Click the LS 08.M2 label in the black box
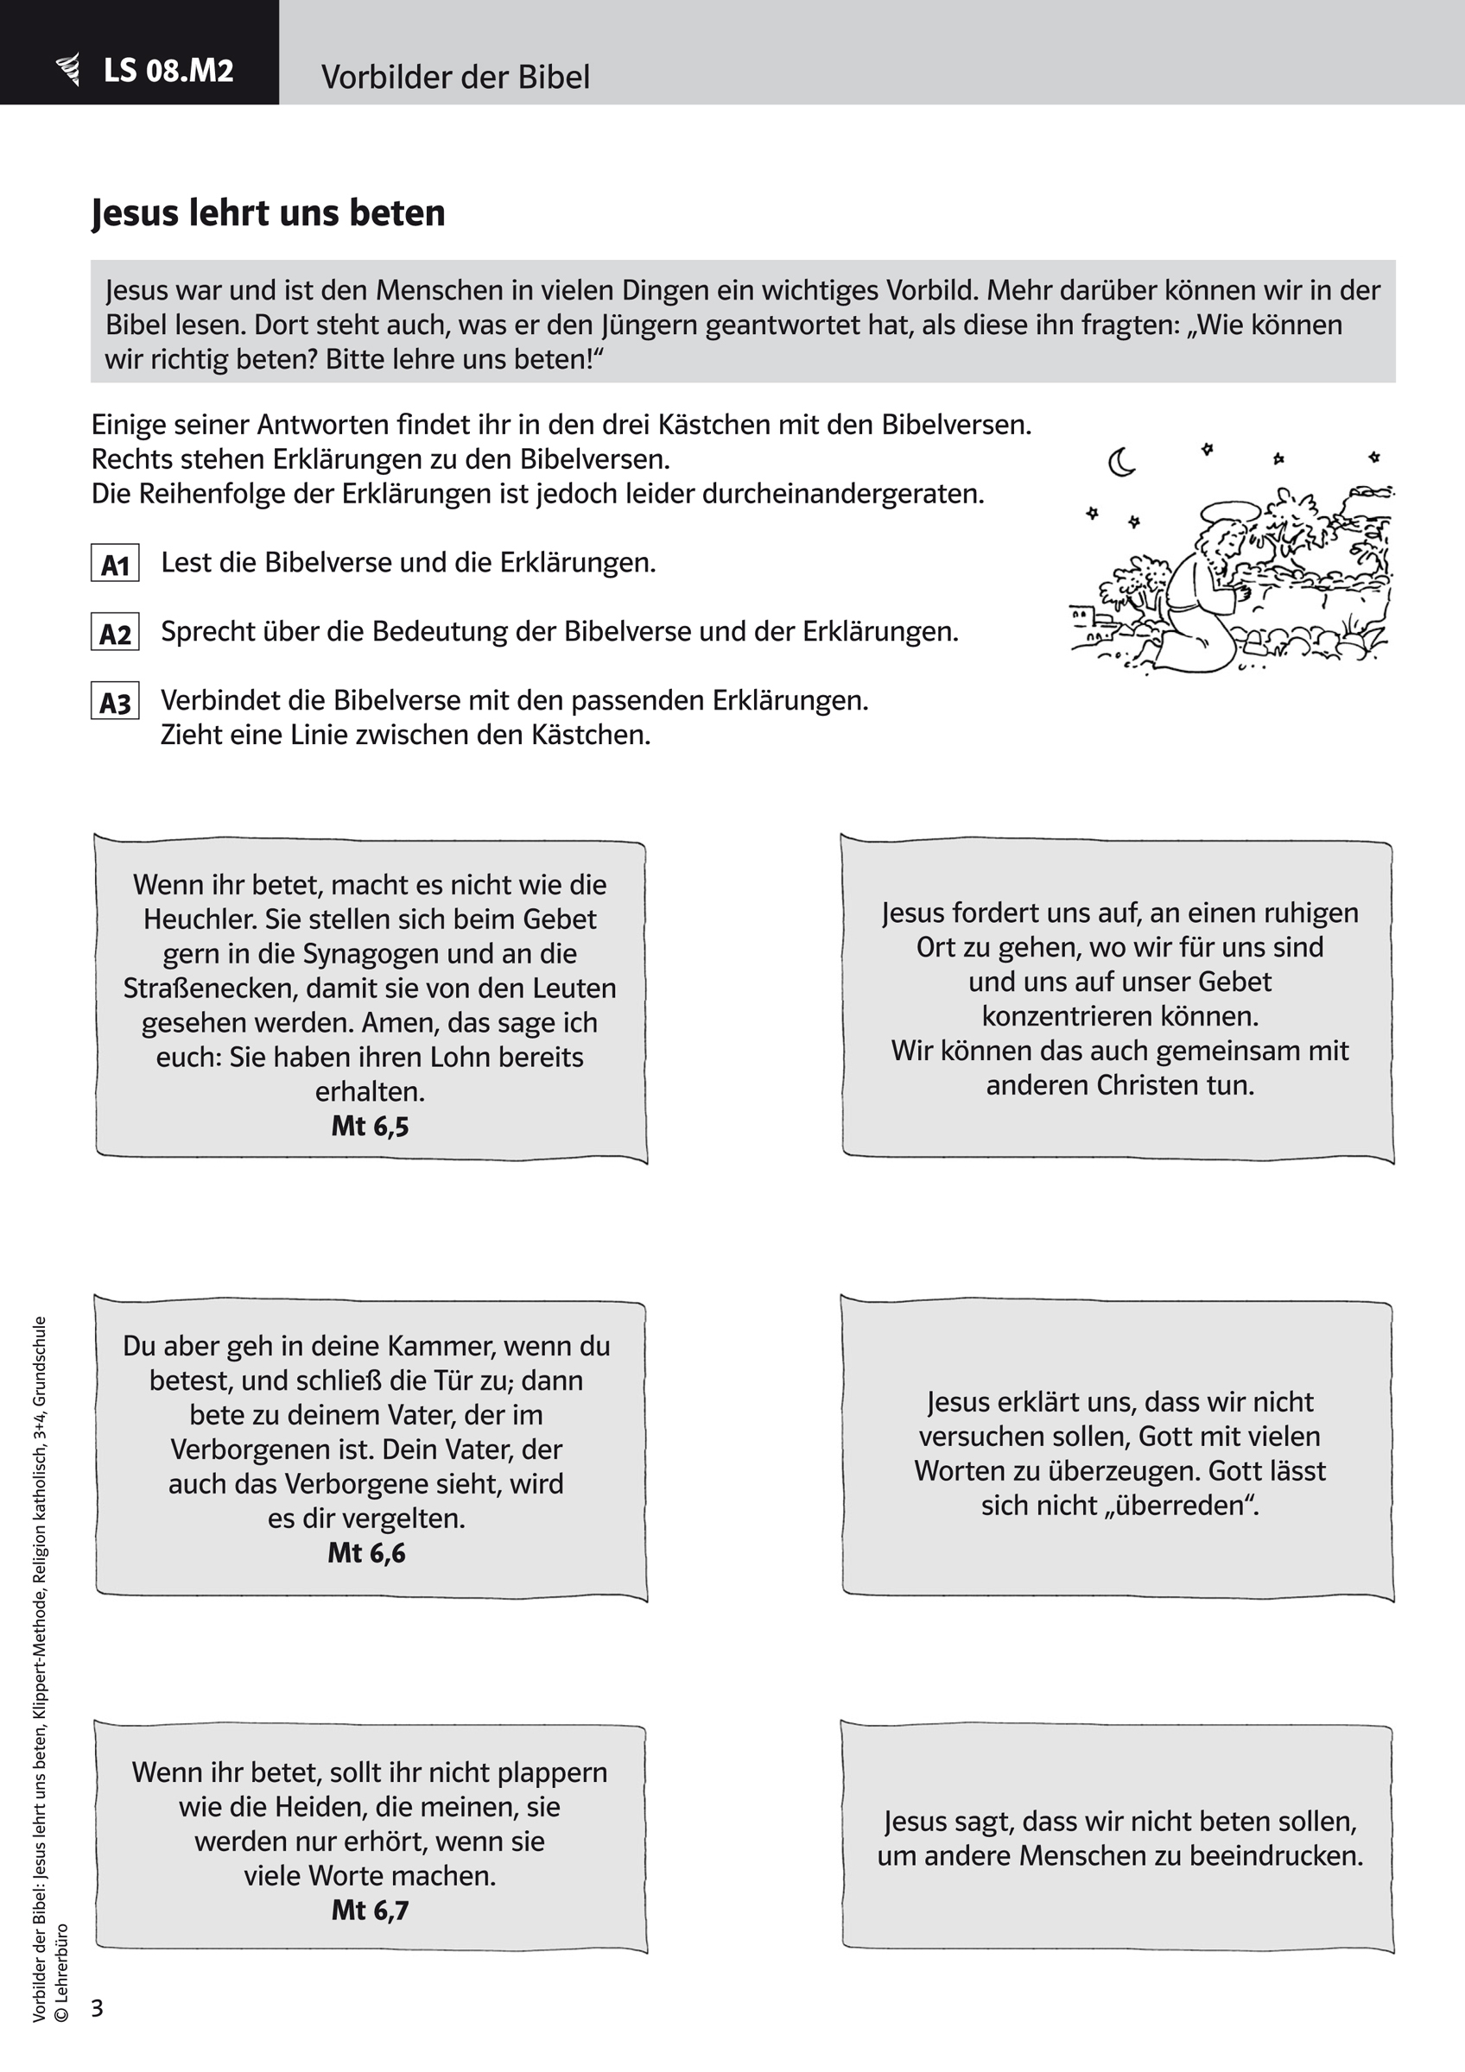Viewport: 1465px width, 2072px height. (x=168, y=71)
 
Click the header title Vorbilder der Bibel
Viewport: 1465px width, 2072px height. (x=455, y=78)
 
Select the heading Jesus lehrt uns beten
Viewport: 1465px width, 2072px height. (x=268, y=213)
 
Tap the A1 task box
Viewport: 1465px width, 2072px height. (x=116, y=563)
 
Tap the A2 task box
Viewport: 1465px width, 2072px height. (x=116, y=633)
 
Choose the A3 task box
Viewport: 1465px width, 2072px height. (x=116, y=701)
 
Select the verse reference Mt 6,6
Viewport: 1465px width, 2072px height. (x=366, y=1552)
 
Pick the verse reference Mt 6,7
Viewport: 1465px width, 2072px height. (x=370, y=1910)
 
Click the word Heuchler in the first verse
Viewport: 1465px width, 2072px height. (x=200, y=919)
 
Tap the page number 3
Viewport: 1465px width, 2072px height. (x=98, y=2007)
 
